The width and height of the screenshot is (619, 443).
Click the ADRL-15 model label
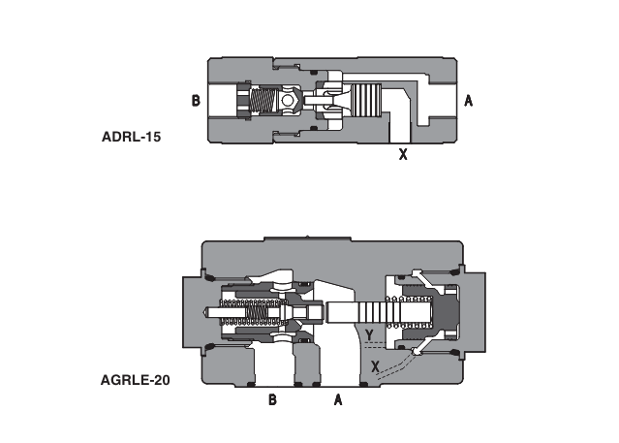[131, 137]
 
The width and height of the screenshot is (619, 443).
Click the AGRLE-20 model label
[136, 380]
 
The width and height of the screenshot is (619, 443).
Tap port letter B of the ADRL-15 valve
[196, 101]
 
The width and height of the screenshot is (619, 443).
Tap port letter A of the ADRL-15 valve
[468, 101]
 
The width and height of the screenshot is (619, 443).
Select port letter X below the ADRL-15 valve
[403, 153]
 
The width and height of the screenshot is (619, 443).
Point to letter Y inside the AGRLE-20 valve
[370, 335]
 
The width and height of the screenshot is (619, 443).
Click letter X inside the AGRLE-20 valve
[376, 365]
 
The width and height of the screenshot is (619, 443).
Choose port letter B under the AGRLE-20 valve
[273, 399]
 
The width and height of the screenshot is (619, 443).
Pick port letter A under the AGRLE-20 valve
[338, 399]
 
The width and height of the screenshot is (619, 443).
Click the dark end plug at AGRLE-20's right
[448, 312]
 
